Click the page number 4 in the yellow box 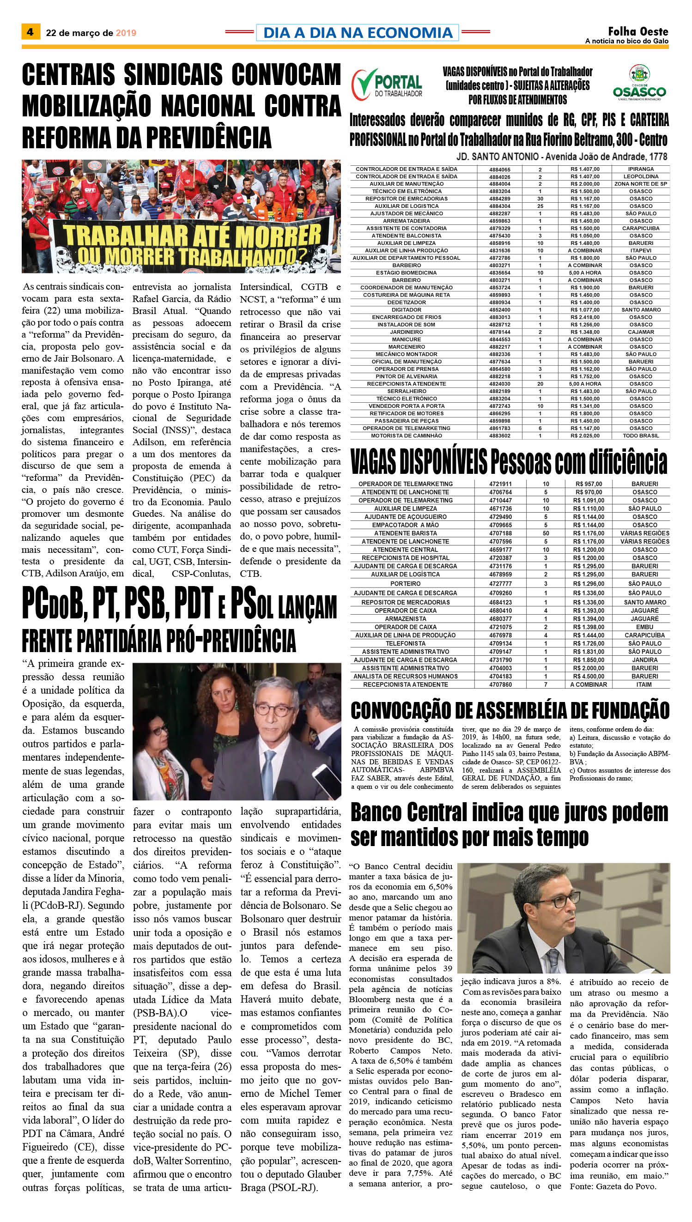pos(30,32)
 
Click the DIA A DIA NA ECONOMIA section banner pos(358,32)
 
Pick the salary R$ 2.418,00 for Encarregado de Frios pos(586,317)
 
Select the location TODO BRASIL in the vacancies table pos(641,436)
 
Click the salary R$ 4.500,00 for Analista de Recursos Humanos pos(589,676)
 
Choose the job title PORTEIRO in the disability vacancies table pos(406,583)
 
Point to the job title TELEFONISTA pos(406,643)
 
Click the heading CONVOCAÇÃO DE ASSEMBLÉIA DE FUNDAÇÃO pos(510,710)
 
